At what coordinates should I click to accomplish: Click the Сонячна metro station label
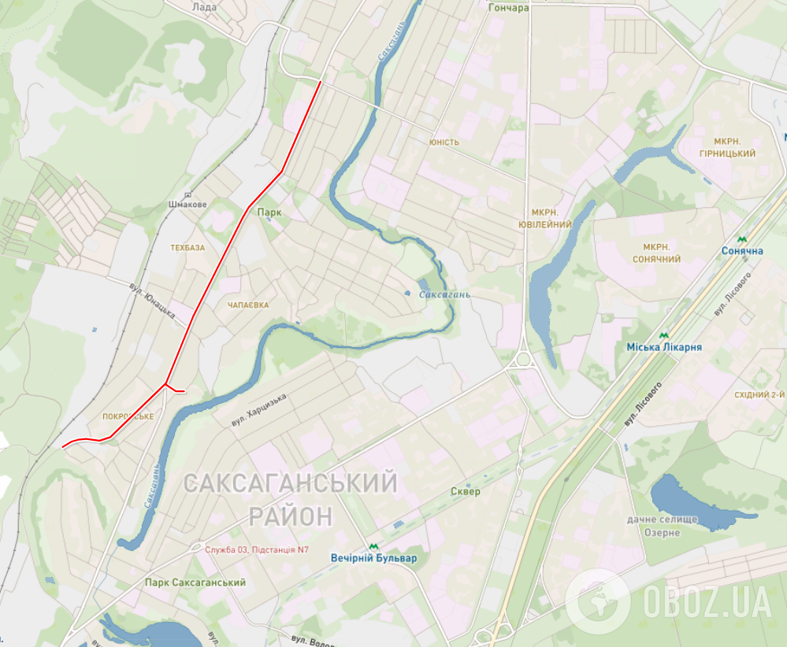(x=742, y=251)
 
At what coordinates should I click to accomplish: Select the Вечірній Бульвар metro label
(x=374, y=558)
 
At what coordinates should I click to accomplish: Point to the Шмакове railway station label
(x=187, y=205)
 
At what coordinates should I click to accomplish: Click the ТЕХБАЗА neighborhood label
(x=187, y=247)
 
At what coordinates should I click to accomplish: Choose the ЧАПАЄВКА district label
(x=248, y=305)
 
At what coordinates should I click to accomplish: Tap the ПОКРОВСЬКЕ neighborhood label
(x=128, y=416)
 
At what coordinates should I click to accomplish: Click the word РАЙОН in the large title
(x=291, y=516)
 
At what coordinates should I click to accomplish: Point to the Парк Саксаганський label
(x=195, y=582)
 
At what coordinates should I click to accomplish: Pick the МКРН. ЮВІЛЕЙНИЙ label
(x=551, y=219)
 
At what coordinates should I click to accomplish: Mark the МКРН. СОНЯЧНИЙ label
(x=656, y=253)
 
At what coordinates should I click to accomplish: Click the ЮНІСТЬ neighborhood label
(x=444, y=142)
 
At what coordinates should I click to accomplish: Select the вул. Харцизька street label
(x=259, y=411)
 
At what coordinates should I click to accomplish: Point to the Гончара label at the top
(x=508, y=8)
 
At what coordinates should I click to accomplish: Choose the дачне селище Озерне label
(x=663, y=527)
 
